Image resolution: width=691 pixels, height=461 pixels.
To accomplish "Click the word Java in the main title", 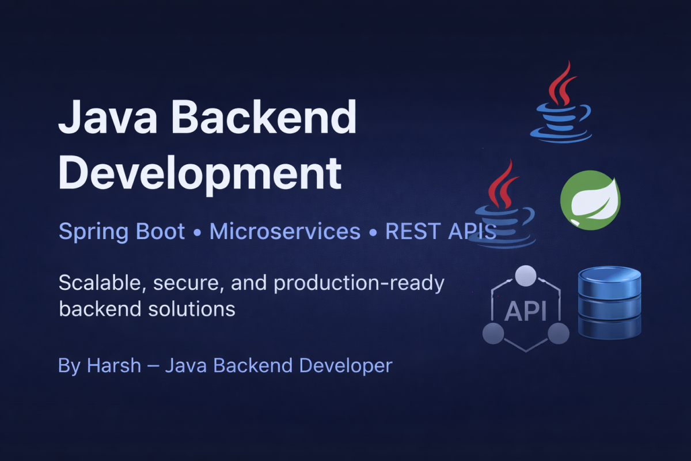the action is pyautogui.click(x=108, y=117).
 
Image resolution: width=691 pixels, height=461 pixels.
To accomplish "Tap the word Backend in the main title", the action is pyautogui.click(x=264, y=116).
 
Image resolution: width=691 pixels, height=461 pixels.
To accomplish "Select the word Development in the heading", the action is pyautogui.click(x=200, y=174).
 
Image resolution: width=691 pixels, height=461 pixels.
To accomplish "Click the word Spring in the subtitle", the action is pyautogui.click(x=93, y=232).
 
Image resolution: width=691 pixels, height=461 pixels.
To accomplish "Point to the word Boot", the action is pyautogui.click(x=161, y=231).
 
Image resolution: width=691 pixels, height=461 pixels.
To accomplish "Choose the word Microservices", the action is pyautogui.click(x=285, y=231).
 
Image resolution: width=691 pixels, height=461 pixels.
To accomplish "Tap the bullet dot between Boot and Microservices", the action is pyautogui.click(x=197, y=232).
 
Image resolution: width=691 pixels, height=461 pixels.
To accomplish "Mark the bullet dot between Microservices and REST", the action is pyautogui.click(x=373, y=232).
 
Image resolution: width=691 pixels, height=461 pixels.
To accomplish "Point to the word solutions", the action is pyautogui.click(x=192, y=309).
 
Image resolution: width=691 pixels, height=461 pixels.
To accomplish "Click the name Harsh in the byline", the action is pyautogui.click(x=114, y=365).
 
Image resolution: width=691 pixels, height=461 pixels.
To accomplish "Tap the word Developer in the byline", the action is pyautogui.click(x=346, y=366).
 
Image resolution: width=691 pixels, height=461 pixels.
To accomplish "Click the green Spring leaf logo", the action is pyautogui.click(x=590, y=200).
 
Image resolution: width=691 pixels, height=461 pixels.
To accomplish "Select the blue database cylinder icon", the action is pyautogui.click(x=609, y=303).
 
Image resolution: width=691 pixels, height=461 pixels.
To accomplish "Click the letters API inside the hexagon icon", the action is pyautogui.click(x=525, y=311).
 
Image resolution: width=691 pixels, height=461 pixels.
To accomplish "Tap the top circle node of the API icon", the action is pyautogui.click(x=526, y=275).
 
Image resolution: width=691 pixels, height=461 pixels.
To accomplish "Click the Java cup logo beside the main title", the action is pyautogui.click(x=561, y=102).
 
